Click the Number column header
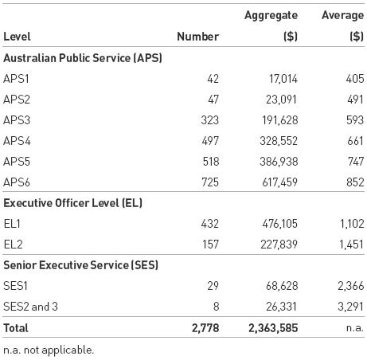click(x=197, y=36)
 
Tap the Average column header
click(x=342, y=15)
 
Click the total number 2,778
click(x=204, y=327)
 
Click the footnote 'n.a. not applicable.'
click(x=48, y=349)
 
